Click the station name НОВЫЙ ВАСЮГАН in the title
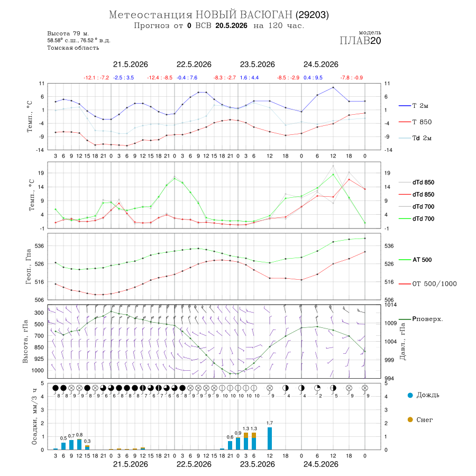tap(244, 15)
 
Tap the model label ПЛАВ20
tap(360, 41)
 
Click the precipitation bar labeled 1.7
tap(270, 438)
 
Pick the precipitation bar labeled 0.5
tap(63, 446)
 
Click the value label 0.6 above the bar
tap(230, 437)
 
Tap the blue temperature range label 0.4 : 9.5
tap(313, 78)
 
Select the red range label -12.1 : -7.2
tap(96, 78)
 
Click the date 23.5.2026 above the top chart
tap(258, 65)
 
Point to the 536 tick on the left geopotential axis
tap(40, 246)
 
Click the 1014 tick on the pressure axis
tap(390, 305)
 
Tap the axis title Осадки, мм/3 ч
tap(34, 417)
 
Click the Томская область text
tap(73, 48)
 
